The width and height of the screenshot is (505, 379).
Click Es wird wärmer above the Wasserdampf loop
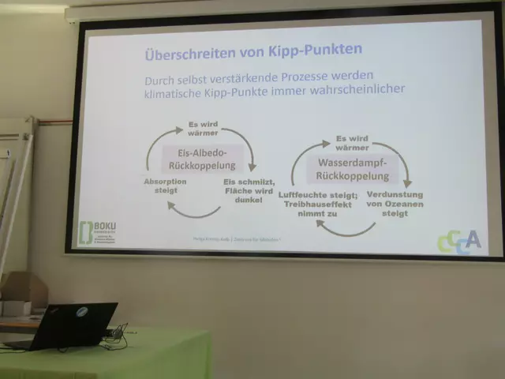point(351,142)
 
